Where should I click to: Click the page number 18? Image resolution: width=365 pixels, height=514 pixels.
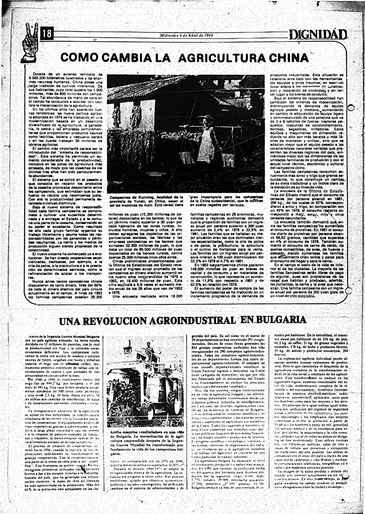pyautogui.click(x=47, y=34)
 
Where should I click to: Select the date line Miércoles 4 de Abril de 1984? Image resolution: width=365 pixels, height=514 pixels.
pyautogui.click(x=186, y=35)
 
